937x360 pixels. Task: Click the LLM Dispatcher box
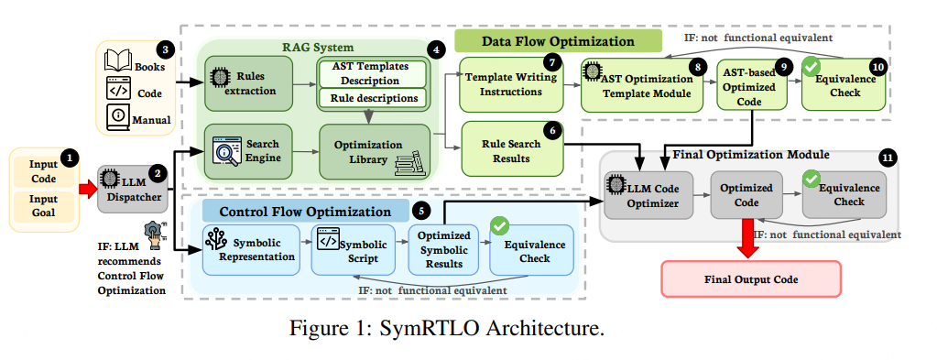click(x=133, y=189)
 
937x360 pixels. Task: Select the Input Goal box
click(x=44, y=207)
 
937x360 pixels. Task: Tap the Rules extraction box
click(x=248, y=83)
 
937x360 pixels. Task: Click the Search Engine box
click(x=248, y=151)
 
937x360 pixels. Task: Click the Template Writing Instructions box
click(x=511, y=84)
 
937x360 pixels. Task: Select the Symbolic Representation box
click(x=251, y=250)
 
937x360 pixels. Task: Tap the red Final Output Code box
click(x=751, y=279)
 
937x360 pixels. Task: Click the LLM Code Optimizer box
click(x=649, y=195)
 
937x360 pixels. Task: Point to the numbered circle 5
click(x=420, y=211)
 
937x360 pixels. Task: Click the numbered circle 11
click(x=888, y=158)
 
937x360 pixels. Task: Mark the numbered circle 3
click(x=165, y=49)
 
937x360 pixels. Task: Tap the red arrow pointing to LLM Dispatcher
click(x=88, y=189)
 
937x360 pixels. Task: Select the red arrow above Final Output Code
click(x=747, y=238)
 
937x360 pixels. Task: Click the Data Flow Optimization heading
click(x=558, y=41)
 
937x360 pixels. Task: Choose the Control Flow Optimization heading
click(x=305, y=212)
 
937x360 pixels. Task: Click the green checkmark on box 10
click(x=811, y=68)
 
